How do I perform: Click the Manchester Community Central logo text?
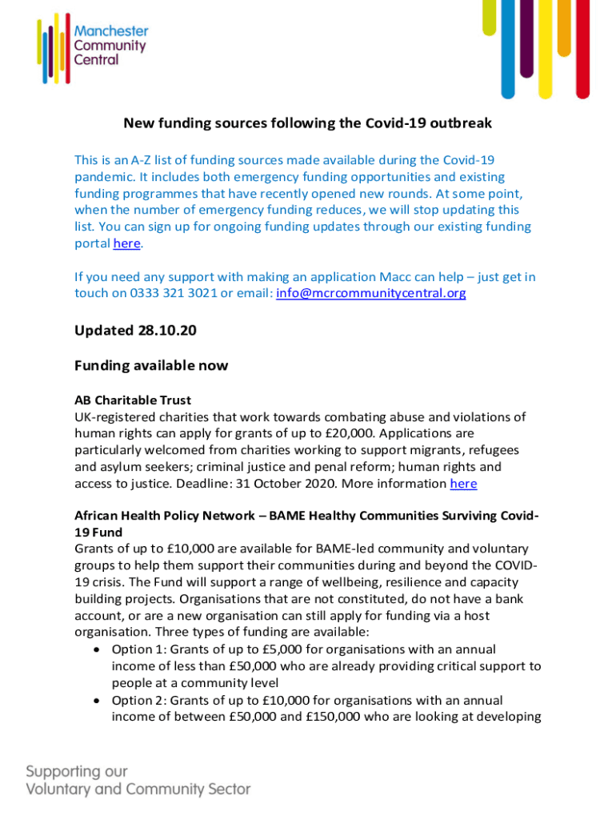pos(110,45)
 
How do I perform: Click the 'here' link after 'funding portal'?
pos(126,243)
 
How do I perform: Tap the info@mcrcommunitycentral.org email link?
pos(370,293)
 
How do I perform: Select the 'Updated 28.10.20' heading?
pos(135,330)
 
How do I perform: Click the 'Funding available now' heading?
pos(151,365)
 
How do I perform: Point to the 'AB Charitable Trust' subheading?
pos(133,400)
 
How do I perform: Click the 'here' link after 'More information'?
pos(463,483)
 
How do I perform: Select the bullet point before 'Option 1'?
pos(97,649)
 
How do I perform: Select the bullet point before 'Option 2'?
pos(97,700)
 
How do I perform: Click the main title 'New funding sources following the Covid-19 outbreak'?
pos(307,123)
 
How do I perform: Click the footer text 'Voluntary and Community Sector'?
pos(138,789)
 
